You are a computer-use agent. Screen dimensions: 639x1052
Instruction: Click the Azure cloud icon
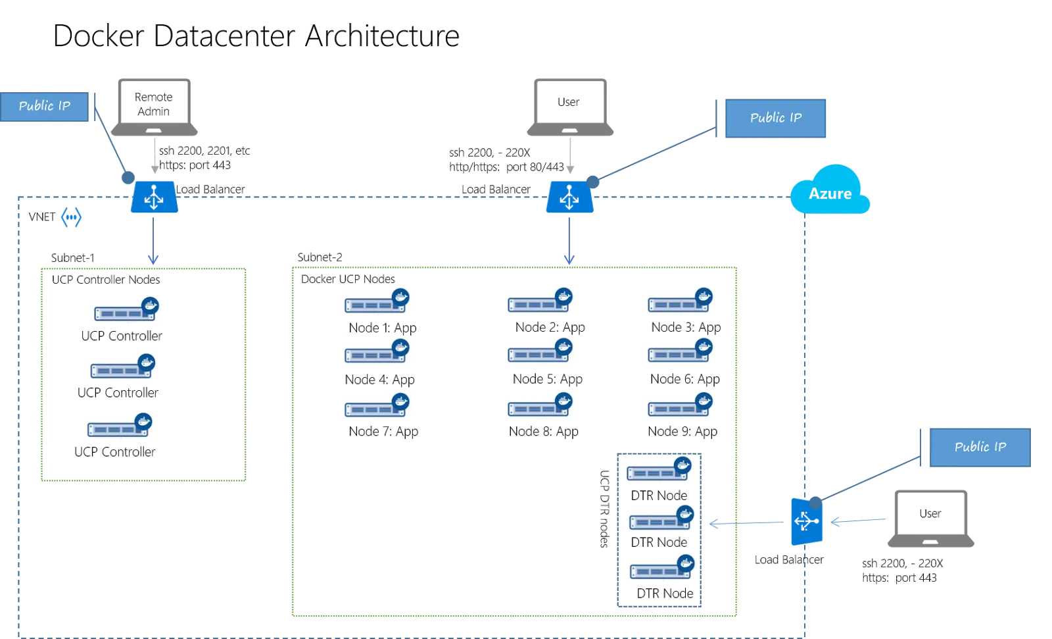click(830, 191)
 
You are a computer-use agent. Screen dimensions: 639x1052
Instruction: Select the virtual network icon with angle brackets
click(70, 218)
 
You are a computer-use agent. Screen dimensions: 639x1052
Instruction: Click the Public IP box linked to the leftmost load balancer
click(44, 107)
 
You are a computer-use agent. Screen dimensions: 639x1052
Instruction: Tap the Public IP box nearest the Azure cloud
click(774, 118)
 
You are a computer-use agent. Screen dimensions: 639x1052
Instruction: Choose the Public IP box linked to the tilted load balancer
click(979, 447)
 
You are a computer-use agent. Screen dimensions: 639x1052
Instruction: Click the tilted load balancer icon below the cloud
click(806, 521)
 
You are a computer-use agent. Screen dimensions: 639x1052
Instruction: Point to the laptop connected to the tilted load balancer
click(931, 519)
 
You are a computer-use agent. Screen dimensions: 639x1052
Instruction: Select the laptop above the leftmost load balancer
click(155, 105)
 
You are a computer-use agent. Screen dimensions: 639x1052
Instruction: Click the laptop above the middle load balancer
click(570, 105)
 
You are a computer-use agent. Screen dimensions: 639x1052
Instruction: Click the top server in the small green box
click(126, 311)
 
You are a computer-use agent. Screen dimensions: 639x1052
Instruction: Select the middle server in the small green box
click(121, 366)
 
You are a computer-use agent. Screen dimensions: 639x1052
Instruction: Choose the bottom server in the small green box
click(121, 426)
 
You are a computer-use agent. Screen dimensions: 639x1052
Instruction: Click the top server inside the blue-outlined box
click(657, 470)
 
